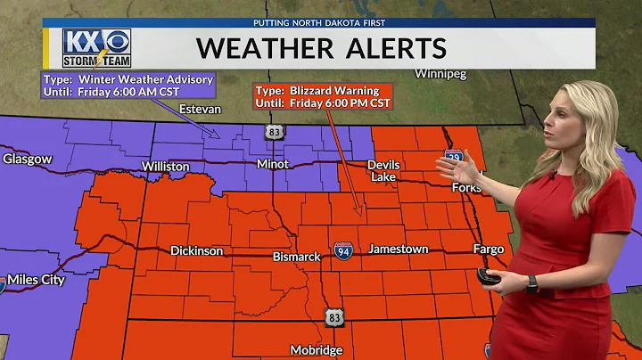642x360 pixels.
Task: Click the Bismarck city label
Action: (x=296, y=257)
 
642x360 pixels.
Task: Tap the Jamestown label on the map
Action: (x=399, y=250)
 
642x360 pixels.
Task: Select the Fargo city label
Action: (x=489, y=250)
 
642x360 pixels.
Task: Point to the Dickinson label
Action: (x=197, y=251)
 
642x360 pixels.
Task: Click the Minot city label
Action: (x=272, y=165)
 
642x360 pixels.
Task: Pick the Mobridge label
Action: (x=317, y=350)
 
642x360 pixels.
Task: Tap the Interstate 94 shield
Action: (x=343, y=250)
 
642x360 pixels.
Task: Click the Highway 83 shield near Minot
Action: (x=273, y=132)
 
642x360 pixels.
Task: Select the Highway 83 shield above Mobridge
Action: (x=334, y=316)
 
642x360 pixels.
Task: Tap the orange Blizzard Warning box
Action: (x=323, y=96)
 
